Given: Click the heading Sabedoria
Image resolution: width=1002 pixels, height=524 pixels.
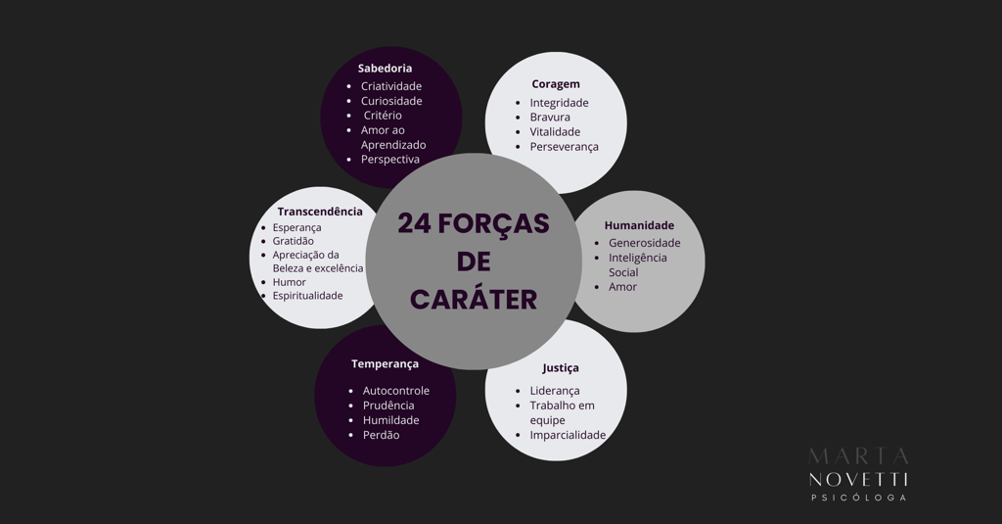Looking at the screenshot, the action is [x=385, y=69].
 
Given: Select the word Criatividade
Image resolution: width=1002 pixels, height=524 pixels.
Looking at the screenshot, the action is [x=391, y=86].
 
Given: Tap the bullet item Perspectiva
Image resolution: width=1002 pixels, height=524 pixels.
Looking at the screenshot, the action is [x=389, y=160].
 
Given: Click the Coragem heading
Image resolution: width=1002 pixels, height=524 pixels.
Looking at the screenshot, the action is [x=556, y=84].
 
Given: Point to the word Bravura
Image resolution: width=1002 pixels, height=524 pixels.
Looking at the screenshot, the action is [x=550, y=118].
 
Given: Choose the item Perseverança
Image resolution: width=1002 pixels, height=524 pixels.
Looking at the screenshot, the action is [x=564, y=147].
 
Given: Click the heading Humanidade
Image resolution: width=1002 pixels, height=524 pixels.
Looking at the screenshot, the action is [x=639, y=225].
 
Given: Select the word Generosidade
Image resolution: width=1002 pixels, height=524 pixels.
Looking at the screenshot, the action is [x=644, y=243].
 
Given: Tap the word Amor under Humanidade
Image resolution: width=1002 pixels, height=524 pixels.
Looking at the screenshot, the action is [x=622, y=287].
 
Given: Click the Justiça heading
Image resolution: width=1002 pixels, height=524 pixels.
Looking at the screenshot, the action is [x=561, y=368].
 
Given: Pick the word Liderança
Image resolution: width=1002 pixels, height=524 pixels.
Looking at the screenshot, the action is [x=555, y=391].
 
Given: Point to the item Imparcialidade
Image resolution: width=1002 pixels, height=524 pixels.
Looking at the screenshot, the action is [x=568, y=435].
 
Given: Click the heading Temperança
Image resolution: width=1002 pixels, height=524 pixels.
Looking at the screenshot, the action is [x=385, y=364].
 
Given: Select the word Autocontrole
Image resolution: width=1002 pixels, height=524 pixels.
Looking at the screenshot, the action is [x=395, y=391].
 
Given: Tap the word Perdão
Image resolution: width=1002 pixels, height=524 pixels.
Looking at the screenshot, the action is [x=381, y=435].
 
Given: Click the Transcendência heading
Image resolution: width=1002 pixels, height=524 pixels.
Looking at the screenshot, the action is [x=319, y=212].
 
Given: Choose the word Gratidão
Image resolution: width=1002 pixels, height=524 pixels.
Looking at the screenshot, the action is [x=293, y=241].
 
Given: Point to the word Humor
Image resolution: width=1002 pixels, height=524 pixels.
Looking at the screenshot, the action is [x=289, y=282].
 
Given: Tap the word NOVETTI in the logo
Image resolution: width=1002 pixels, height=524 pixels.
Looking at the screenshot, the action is [x=858, y=478].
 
